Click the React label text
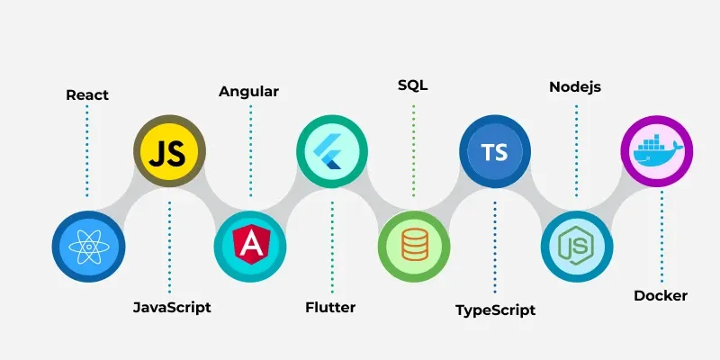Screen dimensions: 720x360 (x=87, y=95)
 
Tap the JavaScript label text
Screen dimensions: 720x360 (x=172, y=307)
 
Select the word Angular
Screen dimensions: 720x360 (x=248, y=92)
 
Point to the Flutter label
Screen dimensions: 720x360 (x=330, y=307)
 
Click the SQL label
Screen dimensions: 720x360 (x=413, y=85)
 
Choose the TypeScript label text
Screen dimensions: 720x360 (x=496, y=310)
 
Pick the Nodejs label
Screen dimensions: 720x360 (x=575, y=86)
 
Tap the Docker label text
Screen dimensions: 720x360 (x=661, y=296)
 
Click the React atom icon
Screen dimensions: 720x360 (x=88, y=247)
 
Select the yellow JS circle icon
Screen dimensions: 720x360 (x=169, y=151)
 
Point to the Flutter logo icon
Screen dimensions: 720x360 (x=328, y=151)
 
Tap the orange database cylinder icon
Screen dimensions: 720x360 (x=414, y=245)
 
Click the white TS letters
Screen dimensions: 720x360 (x=494, y=152)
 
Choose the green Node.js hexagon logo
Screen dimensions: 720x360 (x=577, y=247)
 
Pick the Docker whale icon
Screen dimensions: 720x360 (x=658, y=149)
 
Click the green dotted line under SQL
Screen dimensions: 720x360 (x=413, y=150)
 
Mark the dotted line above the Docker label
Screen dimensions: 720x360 (x=661, y=237)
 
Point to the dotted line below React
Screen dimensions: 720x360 (x=86, y=151)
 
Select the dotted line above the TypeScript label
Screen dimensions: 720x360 (x=494, y=247)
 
